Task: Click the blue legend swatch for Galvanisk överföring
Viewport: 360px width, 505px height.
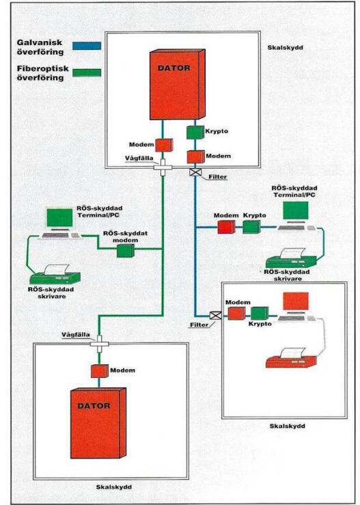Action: (x=87, y=46)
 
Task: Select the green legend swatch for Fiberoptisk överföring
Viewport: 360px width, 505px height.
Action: (x=87, y=72)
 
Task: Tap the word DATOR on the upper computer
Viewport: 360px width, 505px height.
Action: (x=174, y=68)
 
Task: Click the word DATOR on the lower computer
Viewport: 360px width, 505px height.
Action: (x=94, y=406)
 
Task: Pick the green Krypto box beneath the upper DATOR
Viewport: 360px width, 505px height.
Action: (x=195, y=132)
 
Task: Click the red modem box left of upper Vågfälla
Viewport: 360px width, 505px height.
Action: (x=164, y=145)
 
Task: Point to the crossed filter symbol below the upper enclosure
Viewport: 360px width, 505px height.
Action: (x=195, y=172)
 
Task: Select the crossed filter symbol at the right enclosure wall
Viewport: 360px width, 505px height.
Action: (x=215, y=315)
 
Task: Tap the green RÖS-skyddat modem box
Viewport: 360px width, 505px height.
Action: (x=126, y=251)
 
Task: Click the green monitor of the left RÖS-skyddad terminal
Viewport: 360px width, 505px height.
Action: (x=60, y=218)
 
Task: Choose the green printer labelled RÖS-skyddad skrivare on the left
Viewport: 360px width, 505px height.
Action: (x=55, y=274)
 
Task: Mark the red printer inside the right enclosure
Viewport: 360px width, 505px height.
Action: (x=292, y=358)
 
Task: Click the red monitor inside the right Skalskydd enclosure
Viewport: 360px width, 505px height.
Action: (x=296, y=301)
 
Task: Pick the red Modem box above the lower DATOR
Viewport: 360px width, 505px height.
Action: (x=100, y=371)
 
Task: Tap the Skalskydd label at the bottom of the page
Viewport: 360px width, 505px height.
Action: (x=114, y=487)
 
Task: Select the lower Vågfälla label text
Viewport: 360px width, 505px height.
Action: (x=76, y=335)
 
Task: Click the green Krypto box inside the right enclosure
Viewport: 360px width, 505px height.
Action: (x=260, y=314)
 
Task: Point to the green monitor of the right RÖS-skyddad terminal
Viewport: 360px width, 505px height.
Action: (x=296, y=211)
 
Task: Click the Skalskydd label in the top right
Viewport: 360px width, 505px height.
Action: (x=286, y=47)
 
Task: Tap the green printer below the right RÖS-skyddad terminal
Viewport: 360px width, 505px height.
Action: (x=292, y=258)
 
